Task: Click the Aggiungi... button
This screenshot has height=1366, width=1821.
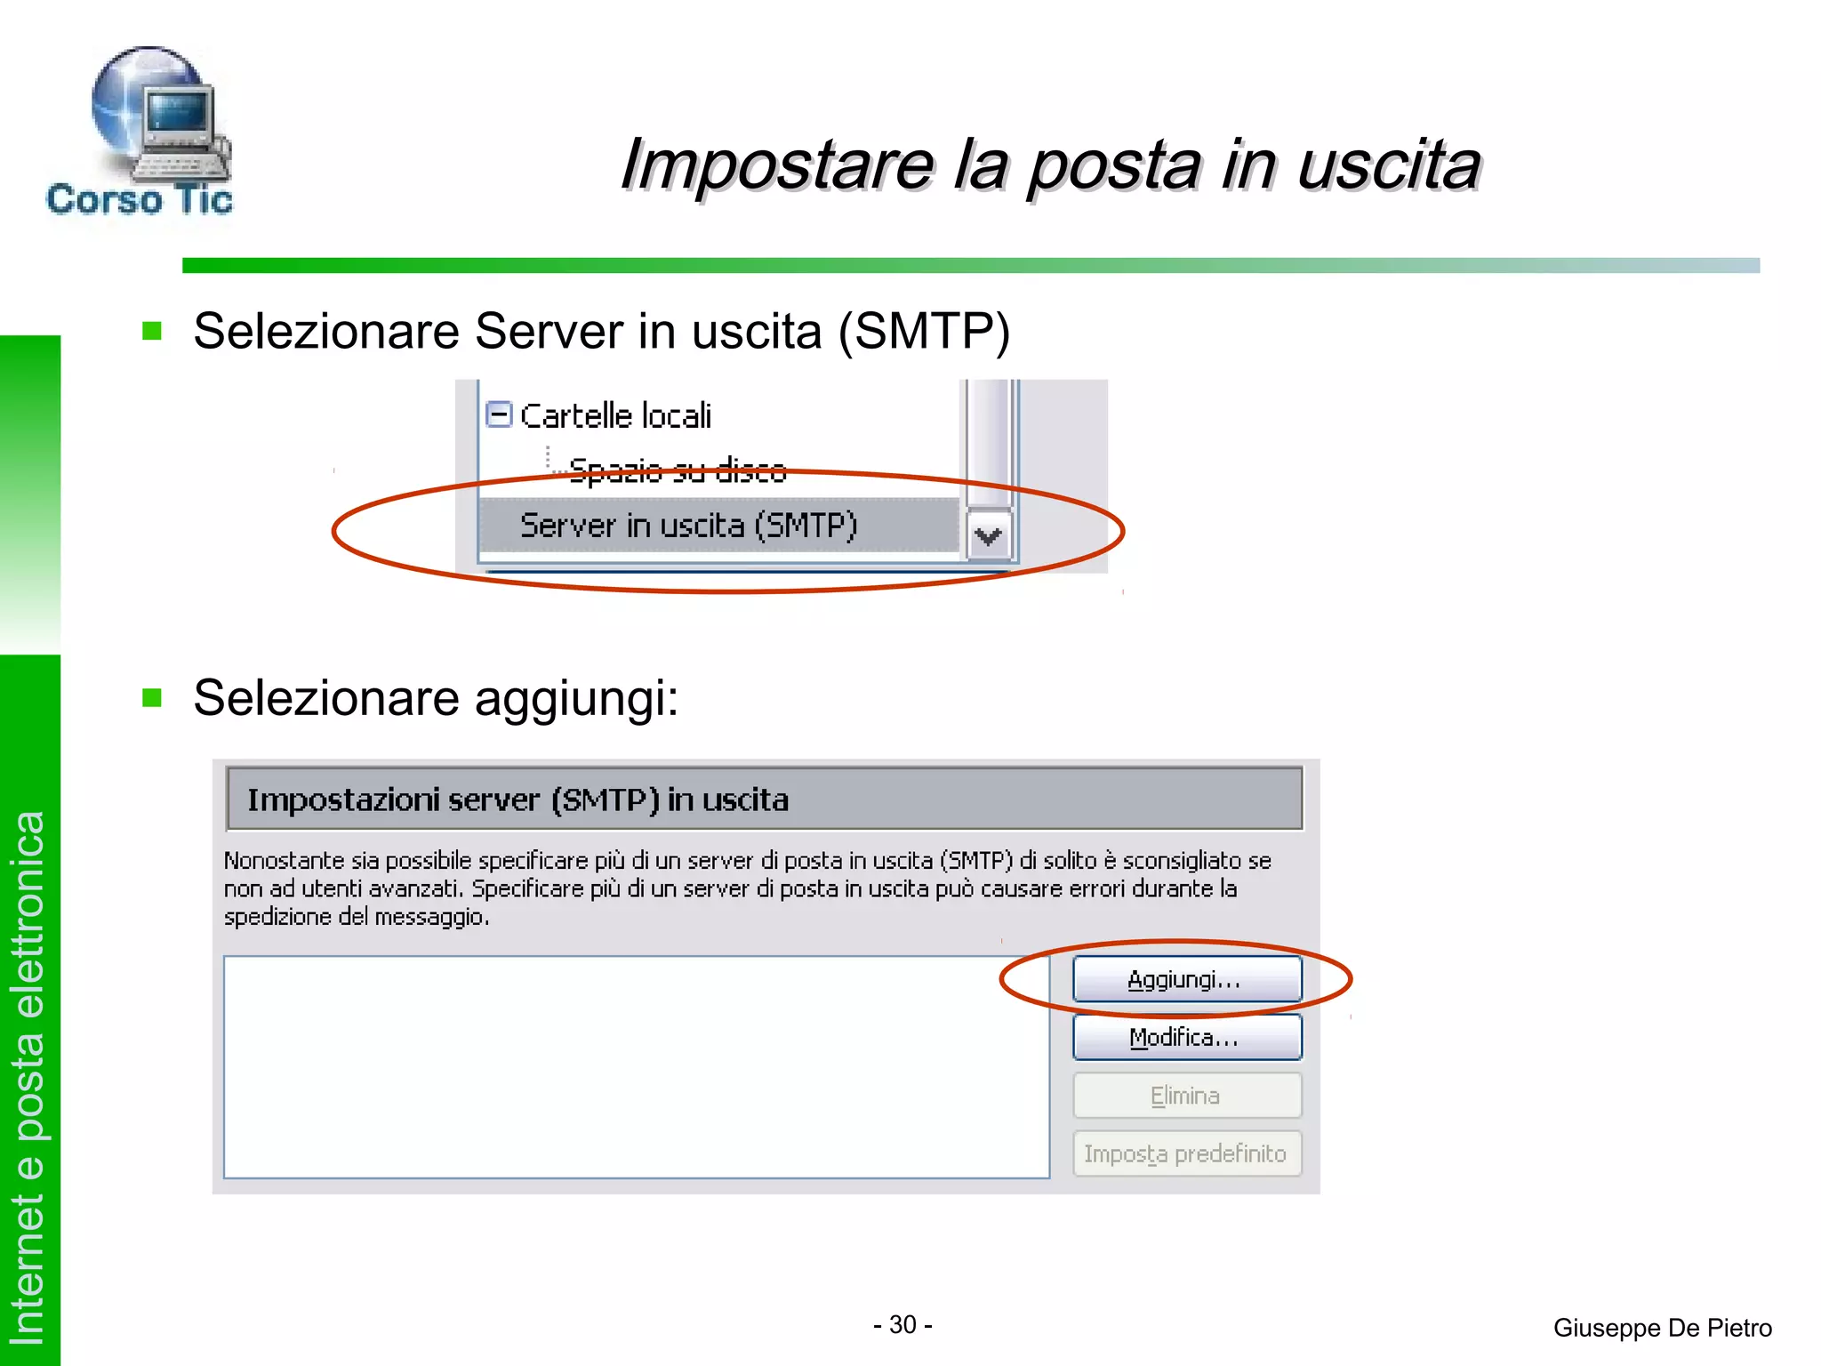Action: tap(1186, 979)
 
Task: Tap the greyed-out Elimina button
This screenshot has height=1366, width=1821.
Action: tap(1186, 1096)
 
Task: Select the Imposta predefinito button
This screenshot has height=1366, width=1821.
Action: tap(1186, 1153)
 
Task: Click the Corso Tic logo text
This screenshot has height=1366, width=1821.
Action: tap(140, 199)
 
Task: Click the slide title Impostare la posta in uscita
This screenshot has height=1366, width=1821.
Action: tap(1050, 165)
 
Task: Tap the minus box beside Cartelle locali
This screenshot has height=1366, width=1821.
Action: tap(499, 414)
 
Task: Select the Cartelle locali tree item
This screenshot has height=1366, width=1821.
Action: tap(615, 416)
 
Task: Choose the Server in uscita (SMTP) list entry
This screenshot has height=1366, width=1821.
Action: tap(688, 526)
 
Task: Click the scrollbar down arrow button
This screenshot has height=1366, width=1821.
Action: tap(989, 536)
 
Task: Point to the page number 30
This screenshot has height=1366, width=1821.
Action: tap(902, 1325)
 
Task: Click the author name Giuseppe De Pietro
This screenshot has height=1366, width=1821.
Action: tap(1662, 1328)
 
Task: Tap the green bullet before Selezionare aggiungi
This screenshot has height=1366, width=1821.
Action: tap(152, 697)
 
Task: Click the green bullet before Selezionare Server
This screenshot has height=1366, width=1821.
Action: tap(152, 332)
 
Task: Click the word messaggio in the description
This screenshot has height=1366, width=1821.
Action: tap(430, 917)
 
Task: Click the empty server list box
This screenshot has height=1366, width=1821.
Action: tap(636, 1067)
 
